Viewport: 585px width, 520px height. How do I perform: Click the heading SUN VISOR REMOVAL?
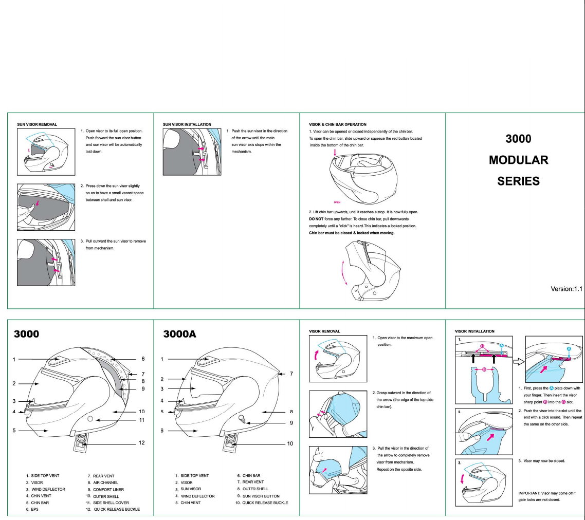point(37,124)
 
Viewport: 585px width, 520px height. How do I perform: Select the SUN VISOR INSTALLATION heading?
point(187,124)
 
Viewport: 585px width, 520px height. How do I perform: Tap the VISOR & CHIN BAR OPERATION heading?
point(337,124)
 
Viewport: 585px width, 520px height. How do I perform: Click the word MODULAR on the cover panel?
point(518,160)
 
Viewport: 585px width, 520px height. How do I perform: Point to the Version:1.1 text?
point(566,289)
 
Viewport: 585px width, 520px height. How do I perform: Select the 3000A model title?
point(179,334)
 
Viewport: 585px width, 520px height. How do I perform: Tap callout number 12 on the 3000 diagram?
point(142,443)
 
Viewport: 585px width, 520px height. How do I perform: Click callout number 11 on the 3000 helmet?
point(142,420)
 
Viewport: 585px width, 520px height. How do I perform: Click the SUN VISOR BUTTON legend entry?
point(261,496)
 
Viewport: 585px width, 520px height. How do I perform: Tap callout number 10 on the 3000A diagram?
point(290,443)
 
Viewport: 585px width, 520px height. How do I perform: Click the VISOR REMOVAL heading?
point(324,331)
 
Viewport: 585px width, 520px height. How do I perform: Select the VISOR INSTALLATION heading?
point(474,331)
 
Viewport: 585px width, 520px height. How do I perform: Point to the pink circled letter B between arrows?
point(484,369)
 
